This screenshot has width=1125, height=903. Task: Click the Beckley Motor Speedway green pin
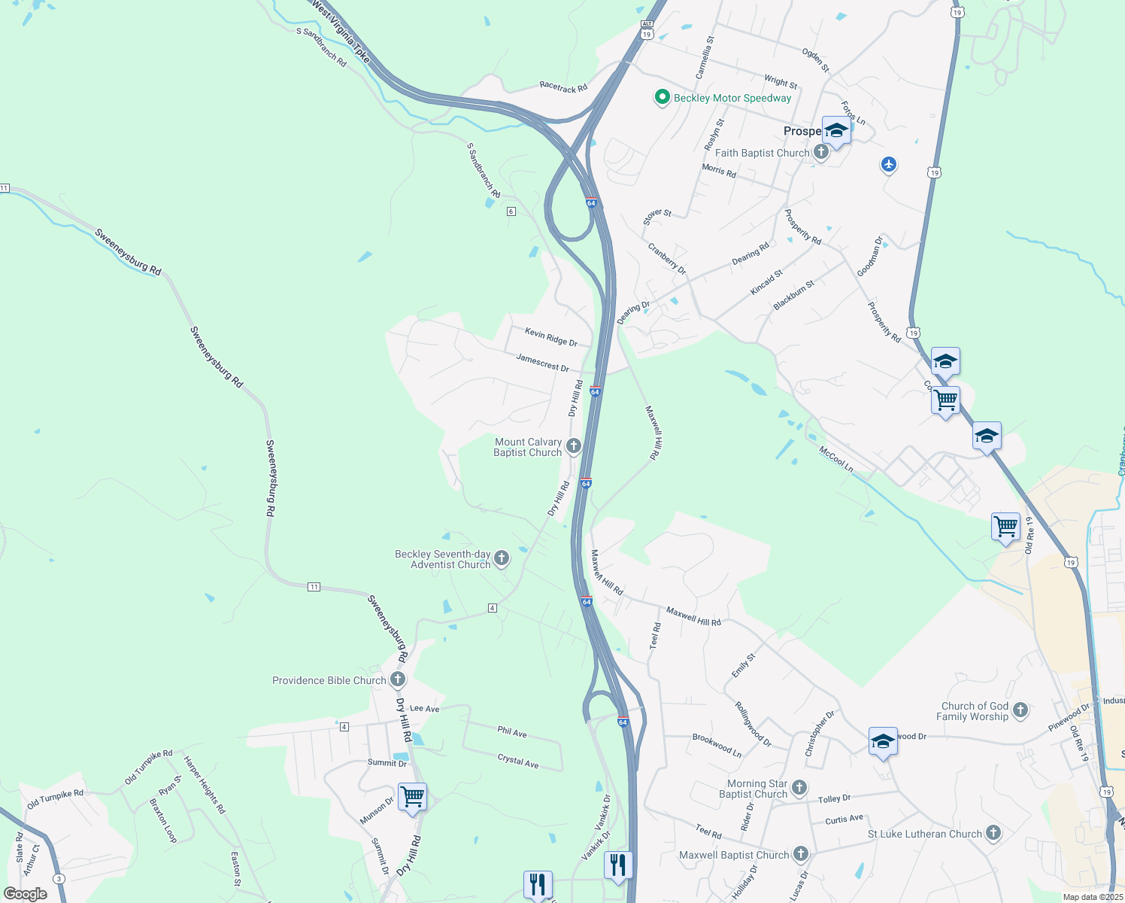pyautogui.click(x=662, y=97)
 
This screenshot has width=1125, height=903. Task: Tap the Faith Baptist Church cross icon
pyautogui.click(x=821, y=153)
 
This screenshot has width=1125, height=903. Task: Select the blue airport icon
pyautogui.click(x=889, y=164)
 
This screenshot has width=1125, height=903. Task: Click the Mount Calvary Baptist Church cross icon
pyautogui.click(x=574, y=446)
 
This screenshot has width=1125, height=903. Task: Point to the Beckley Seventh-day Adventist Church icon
pyautogui.click(x=502, y=558)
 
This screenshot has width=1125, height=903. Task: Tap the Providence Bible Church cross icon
pyautogui.click(x=398, y=680)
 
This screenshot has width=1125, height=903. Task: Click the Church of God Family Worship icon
pyautogui.click(x=1020, y=710)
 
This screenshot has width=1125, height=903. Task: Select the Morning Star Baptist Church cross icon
pyautogui.click(x=799, y=788)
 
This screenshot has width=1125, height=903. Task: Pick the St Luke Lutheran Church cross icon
pyautogui.click(x=993, y=833)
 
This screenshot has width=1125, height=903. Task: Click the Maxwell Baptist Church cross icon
pyautogui.click(x=801, y=854)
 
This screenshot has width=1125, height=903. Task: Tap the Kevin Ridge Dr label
pyautogui.click(x=551, y=337)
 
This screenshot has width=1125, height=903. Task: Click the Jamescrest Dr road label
pyautogui.click(x=542, y=362)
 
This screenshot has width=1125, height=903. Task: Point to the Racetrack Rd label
pyautogui.click(x=563, y=87)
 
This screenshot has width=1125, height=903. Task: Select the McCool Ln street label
pyautogui.click(x=835, y=459)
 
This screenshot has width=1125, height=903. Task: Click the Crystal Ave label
pyautogui.click(x=518, y=761)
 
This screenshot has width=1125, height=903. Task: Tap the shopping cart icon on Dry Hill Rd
pyautogui.click(x=413, y=796)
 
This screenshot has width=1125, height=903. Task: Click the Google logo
pyautogui.click(x=26, y=894)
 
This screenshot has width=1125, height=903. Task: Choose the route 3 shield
pyautogui.click(x=59, y=879)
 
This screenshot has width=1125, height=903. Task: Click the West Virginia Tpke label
pyautogui.click(x=341, y=30)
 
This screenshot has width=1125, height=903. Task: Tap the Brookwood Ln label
pyautogui.click(x=717, y=745)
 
